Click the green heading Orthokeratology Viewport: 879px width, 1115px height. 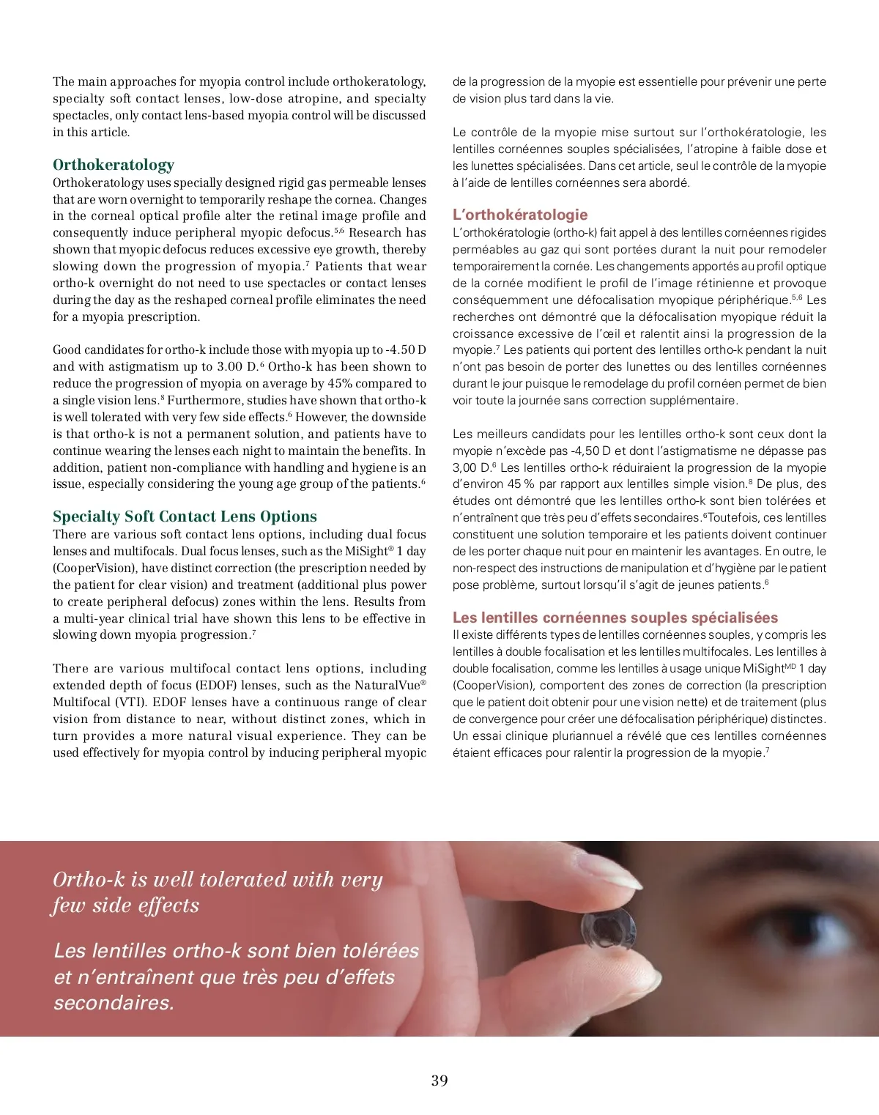coord(114,165)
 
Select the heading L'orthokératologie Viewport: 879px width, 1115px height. coord(520,215)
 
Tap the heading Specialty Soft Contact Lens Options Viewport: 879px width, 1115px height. coord(185,516)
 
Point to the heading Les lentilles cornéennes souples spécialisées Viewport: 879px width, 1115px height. coord(615,618)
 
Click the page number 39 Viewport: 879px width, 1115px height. coord(439,1081)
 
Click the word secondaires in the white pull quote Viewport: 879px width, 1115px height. coord(114,1003)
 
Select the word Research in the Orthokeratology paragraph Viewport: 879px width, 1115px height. coord(377,233)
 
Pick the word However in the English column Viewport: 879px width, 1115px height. coord(322,418)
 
